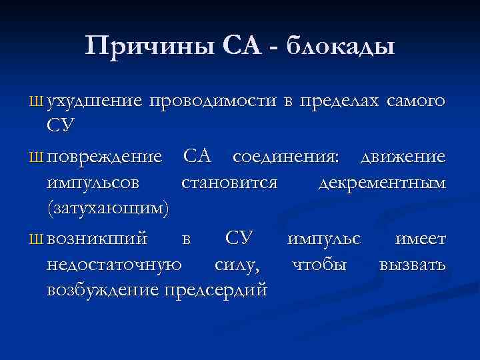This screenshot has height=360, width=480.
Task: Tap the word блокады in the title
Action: (341, 46)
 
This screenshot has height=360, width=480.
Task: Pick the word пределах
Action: (338, 101)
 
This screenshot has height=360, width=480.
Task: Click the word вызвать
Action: (413, 265)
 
